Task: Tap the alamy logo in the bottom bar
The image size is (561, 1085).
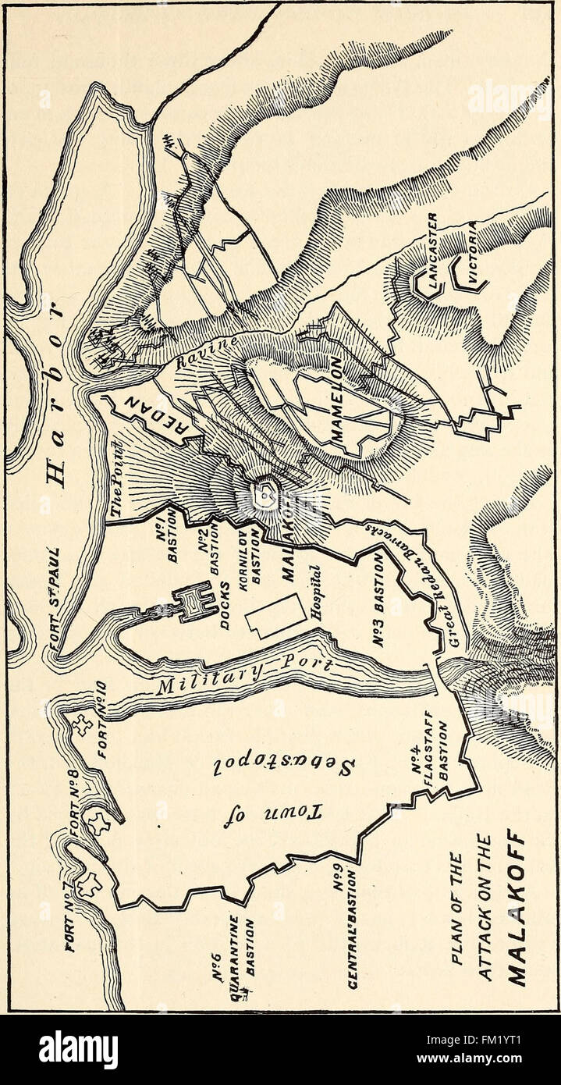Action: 78,1050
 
